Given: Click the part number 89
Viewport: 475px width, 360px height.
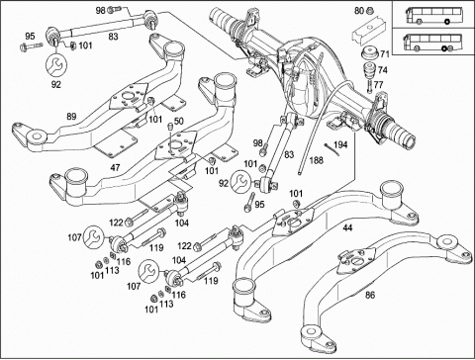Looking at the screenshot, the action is (x=71, y=117).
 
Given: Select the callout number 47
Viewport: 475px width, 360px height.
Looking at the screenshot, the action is (x=115, y=168).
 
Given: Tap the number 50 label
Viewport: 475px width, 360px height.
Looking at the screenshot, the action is (x=179, y=121).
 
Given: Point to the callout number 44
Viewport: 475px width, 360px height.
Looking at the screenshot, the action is (x=347, y=227).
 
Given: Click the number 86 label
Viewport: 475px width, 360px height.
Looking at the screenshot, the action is (x=370, y=295).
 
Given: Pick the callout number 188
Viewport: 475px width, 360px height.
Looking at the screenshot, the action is (x=317, y=160).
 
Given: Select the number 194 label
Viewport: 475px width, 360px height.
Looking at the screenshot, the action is (x=340, y=144).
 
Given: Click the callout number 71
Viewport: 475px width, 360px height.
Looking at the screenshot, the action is (x=385, y=53).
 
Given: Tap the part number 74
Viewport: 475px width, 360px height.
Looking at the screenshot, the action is (x=383, y=70).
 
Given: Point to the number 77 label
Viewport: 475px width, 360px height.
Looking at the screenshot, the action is (x=378, y=85).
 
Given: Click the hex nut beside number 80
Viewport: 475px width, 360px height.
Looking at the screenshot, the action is (x=369, y=11).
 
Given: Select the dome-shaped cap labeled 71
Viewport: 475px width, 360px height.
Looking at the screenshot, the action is (x=369, y=53).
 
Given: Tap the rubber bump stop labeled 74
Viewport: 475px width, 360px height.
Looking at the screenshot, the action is (x=369, y=70).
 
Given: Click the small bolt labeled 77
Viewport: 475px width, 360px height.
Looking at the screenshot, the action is (x=369, y=86).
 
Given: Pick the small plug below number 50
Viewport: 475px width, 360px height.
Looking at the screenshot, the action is (x=170, y=127).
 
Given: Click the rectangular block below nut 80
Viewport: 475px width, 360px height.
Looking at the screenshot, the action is (x=369, y=29).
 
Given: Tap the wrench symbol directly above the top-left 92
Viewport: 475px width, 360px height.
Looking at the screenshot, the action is (x=56, y=65).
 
